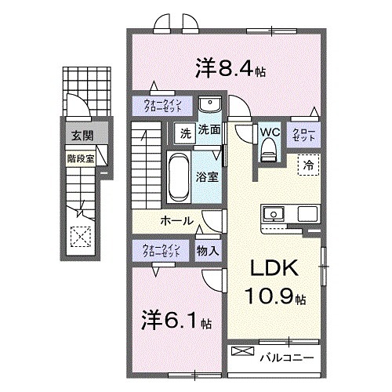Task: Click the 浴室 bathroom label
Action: [207, 177]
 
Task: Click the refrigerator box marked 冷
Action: [309, 166]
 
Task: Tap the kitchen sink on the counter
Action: [275, 214]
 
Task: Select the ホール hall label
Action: [177, 221]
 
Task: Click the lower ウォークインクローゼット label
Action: [162, 251]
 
